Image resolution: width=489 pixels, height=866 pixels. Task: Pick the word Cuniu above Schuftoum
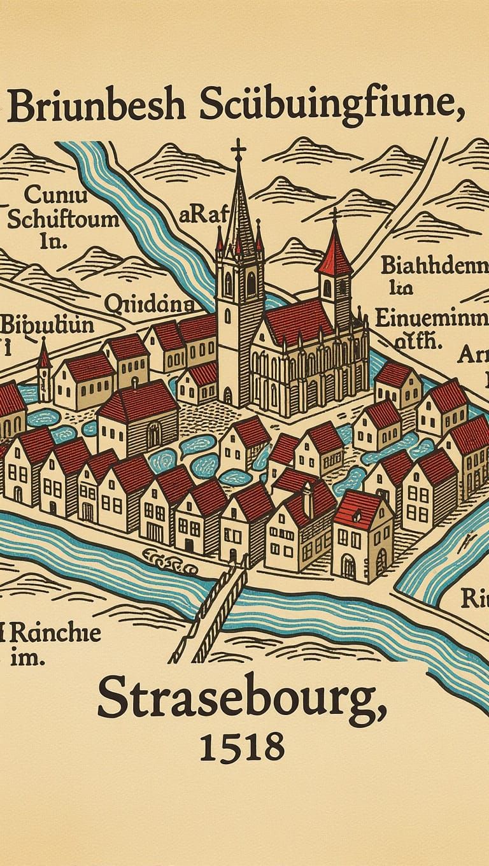pos(49,194)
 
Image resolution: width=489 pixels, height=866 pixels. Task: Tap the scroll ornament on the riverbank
pos(168,562)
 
